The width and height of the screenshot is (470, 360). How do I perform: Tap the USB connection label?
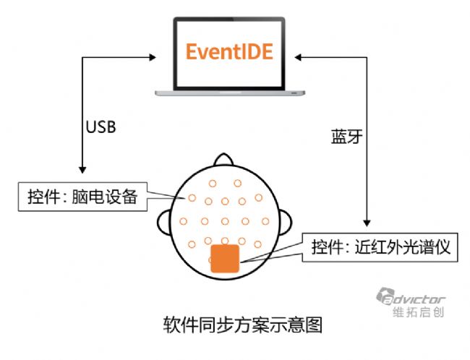pyautogui.click(x=101, y=127)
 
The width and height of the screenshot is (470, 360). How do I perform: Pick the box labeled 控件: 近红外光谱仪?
pyautogui.click(x=381, y=247)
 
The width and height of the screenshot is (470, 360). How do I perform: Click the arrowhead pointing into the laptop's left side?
pyautogui.click(x=153, y=55)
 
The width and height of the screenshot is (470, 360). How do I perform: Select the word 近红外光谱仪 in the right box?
pyautogui.click(x=409, y=247)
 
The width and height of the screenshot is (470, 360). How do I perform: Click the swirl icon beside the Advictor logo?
pyautogui.click(x=384, y=297)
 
